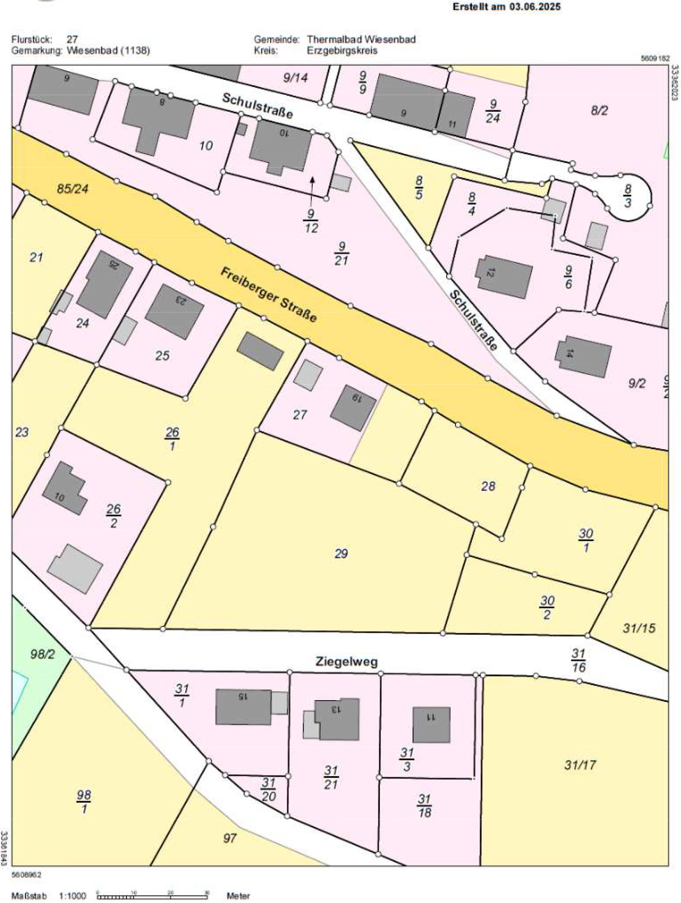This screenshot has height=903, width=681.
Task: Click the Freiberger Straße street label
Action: (x=269, y=295)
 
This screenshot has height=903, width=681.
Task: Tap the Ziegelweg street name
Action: (x=346, y=661)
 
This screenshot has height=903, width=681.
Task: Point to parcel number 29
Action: (x=341, y=553)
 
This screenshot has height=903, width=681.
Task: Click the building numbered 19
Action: (x=353, y=407)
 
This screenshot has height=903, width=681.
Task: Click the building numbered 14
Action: (x=583, y=356)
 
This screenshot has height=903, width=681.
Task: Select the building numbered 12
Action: (x=504, y=277)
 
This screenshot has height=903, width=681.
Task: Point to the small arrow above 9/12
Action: (x=312, y=190)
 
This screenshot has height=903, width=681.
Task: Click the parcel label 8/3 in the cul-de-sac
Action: (x=628, y=195)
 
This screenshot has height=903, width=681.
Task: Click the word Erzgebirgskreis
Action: (x=342, y=51)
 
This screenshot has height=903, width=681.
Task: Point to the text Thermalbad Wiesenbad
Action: (x=361, y=39)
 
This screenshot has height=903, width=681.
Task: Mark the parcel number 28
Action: (x=488, y=486)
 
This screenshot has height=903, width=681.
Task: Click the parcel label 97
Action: (x=230, y=838)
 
